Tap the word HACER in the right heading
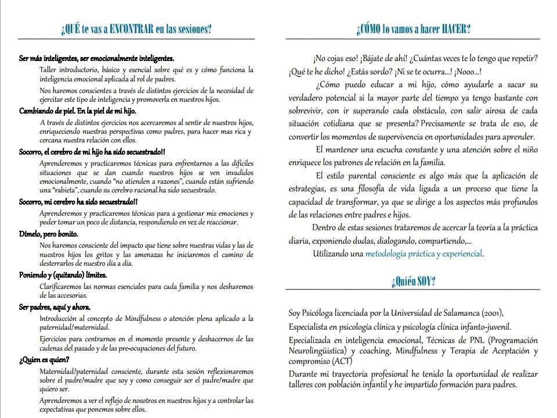[455, 29]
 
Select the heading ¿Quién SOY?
[413, 282]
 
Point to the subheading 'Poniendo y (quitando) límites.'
[63, 275]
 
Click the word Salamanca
[453, 312]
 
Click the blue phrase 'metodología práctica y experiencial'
[424, 253]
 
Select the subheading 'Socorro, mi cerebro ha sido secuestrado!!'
[78, 202]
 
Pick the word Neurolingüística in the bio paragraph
[317, 351]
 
